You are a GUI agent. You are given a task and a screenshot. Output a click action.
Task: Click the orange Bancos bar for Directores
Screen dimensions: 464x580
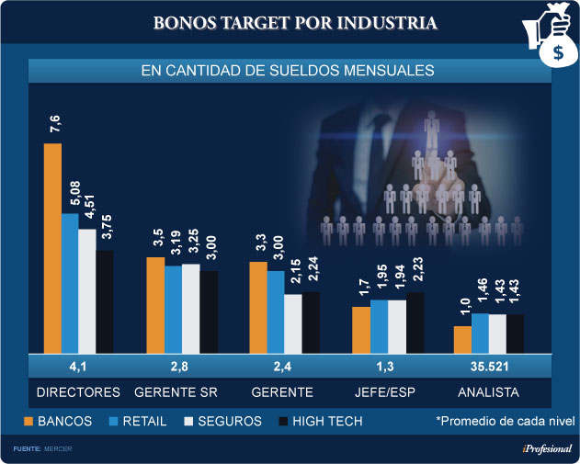tap(52, 248)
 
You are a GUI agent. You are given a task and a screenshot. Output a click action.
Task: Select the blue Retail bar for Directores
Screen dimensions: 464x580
tap(70, 283)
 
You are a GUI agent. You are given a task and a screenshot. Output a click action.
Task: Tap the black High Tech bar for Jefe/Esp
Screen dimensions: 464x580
tap(415, 322)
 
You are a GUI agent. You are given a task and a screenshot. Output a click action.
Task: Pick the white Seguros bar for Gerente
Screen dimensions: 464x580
tap(293, 323)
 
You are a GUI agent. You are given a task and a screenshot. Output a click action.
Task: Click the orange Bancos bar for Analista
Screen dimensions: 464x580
tap(462, 339)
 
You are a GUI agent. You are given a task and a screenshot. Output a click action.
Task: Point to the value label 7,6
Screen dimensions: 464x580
tap(53, 125)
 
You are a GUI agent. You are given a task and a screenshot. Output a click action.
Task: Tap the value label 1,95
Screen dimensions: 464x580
tap(380, 281)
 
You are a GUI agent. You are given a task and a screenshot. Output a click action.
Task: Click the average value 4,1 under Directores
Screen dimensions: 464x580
tap(78, 368)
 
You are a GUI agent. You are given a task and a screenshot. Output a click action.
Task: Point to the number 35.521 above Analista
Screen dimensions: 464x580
tap(488, 368)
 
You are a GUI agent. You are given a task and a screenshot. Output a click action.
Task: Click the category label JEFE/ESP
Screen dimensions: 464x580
tap(384, 392)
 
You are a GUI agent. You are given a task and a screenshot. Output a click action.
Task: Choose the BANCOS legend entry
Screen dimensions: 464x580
tap(62, 421)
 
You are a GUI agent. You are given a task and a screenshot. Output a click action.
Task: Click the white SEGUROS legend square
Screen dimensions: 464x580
tap(191, 421)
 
